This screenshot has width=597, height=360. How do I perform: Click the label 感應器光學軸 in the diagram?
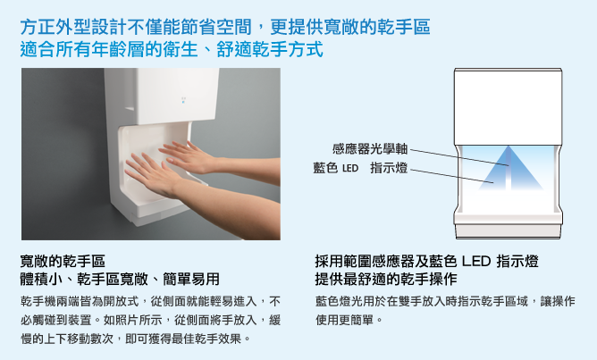[x=370, y=148]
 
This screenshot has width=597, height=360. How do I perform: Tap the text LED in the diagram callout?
[x=350, y=168]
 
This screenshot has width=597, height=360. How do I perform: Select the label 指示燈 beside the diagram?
[x=389, y=168]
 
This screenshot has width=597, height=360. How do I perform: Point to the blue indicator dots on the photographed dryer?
[x=183, y=100]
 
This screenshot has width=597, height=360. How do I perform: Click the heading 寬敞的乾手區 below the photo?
[x=63, y=261]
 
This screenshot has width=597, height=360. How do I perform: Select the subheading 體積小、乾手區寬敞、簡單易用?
[x=120, y=279]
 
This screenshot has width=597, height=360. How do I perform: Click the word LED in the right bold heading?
[x=476, y=262]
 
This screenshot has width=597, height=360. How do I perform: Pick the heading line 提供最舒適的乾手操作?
[x=386, y=279]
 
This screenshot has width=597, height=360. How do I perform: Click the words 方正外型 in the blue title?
[x=55, y=27]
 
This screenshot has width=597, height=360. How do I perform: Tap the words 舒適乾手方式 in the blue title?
[x=270, y=50]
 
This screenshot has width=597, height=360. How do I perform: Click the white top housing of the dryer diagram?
[x=508, y=106]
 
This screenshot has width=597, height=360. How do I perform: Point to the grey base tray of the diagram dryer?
[x=509, y=230]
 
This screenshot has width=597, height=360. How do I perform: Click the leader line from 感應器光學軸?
[x=459, y=157]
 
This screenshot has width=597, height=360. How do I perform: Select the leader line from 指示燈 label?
[x=451, y=176]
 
